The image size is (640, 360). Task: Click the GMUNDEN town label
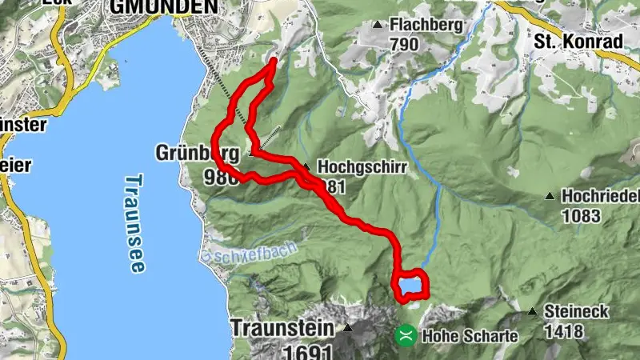pyautogui.click(x=163, y=7)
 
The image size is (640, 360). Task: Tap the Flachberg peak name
pyautogui.click(x=426, y=26)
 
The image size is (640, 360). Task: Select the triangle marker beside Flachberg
pyautogui.click(x=378, y=26)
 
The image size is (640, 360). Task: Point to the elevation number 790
pyautogui.click(x=405, y=45)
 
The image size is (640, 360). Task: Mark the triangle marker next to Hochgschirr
pyautogui.click(x=306, y=167)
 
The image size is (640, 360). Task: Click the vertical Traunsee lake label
pyautogui.click(x=135, y=224)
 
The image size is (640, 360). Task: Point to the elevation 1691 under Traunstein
pyautogui.click(x=308, y=351)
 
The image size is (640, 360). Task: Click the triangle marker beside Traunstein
pyautogui.click(x=347, y=328)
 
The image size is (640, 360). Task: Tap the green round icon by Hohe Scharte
pyautogui.click(x=406, y=334)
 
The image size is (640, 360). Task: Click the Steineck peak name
pyautogui.click(x=576, y=311)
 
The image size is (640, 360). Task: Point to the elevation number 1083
pyautogui.click(x=583, y=215)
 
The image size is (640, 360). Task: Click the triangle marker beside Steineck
pyautogui.click(x=533, y=311)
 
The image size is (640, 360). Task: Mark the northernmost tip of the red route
pyautogui.click(x=274, y=60)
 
